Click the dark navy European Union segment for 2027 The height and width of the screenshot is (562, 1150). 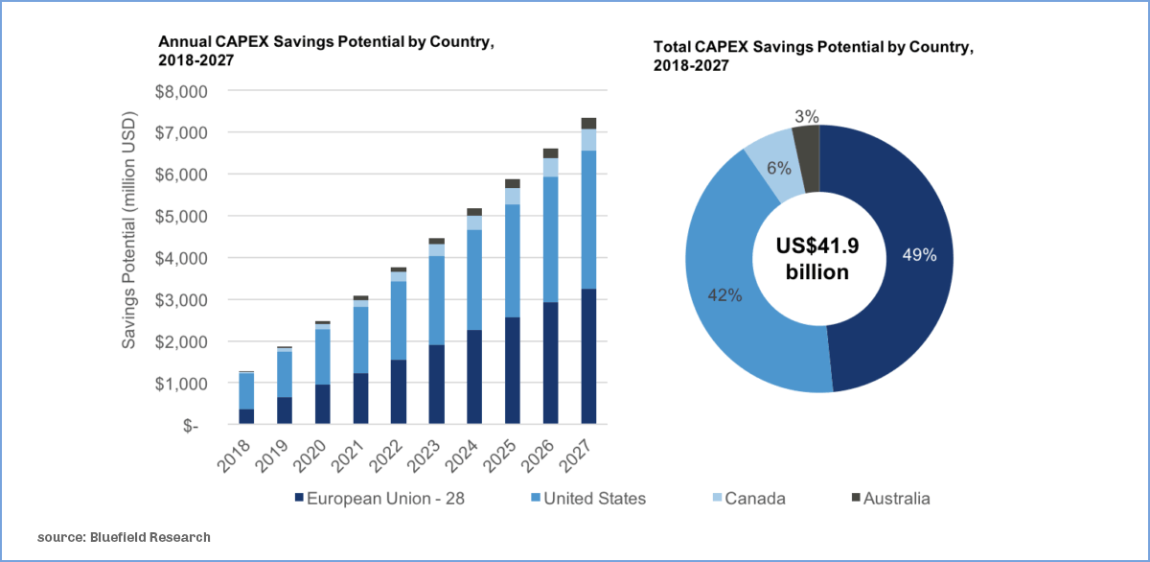[x=588, y=356]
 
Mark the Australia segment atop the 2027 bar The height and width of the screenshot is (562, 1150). [x=588, y=123]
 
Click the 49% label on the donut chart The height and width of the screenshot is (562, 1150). [x=918, y=255]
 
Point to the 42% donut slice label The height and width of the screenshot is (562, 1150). [x=724, y=295]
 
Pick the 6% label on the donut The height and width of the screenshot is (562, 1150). [x=778, y=168]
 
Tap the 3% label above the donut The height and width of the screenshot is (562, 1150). [x=806, y=116]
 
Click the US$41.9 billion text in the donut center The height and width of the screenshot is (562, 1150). [x=817, y=259]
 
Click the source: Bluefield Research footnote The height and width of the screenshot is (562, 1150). [x=124, y=537]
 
